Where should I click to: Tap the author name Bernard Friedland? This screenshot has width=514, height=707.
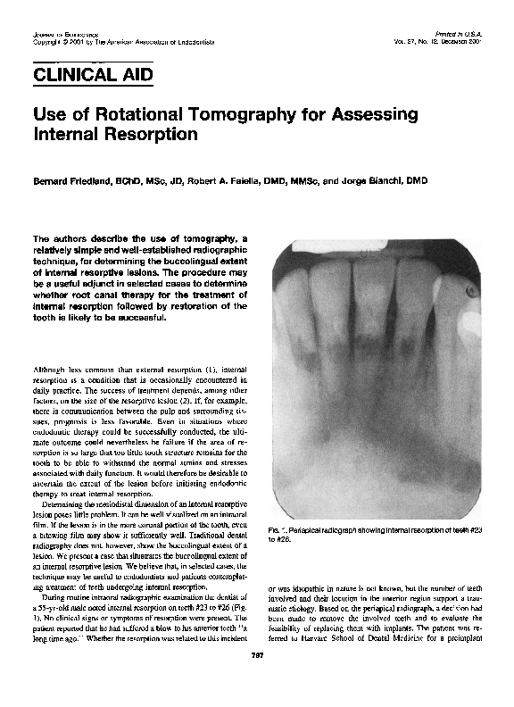click(69, 180)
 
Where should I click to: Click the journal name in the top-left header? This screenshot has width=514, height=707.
click(51, 33)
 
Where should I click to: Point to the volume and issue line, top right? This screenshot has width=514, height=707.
click(444, 42)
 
